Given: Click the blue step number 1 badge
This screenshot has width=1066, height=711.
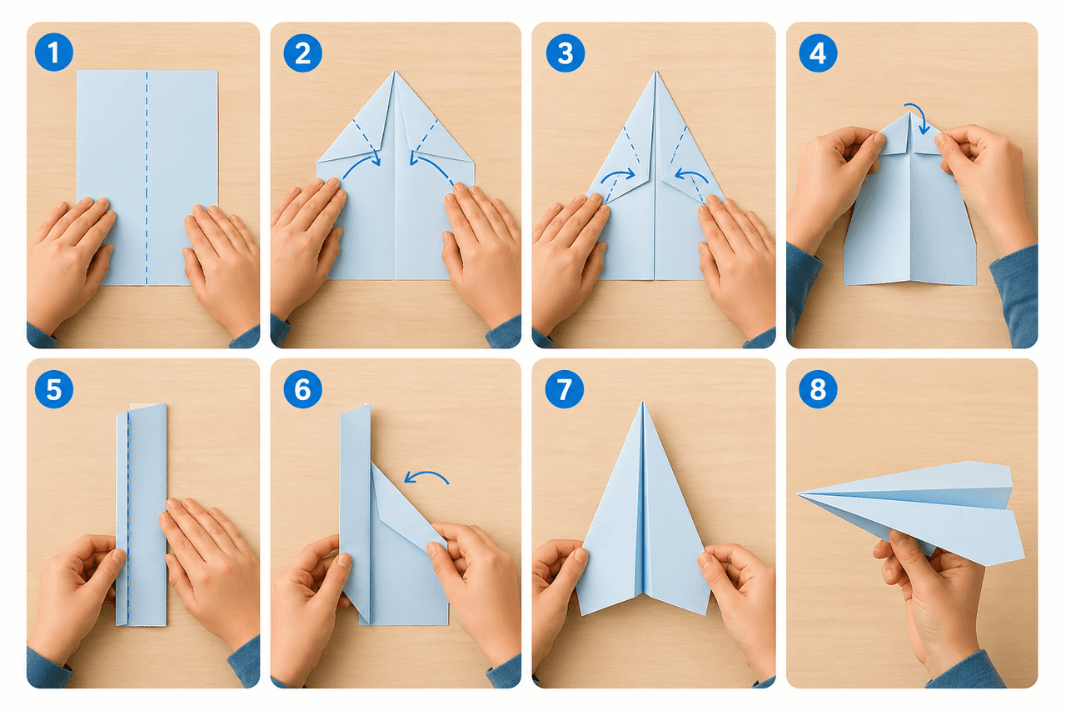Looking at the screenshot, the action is coord(54,53).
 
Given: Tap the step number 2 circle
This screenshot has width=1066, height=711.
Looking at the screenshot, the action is coord(302,53).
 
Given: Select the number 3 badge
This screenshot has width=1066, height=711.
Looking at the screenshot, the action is coord(565,53).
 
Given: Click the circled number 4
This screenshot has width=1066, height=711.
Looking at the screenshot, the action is coord(818,53).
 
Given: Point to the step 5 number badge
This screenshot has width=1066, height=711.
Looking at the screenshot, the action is coord(54,389).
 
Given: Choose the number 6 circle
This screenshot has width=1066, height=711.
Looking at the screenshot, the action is coord(302,389).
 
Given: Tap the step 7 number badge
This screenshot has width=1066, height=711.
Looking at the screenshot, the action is coord(565,389).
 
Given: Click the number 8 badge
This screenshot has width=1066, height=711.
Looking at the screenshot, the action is coord(818,389).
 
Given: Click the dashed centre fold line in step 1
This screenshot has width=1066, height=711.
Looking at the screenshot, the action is coord(147,178).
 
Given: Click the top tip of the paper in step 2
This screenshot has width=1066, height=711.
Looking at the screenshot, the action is coord(394,71).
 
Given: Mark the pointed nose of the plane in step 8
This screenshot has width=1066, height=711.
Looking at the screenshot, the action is coord(798,494).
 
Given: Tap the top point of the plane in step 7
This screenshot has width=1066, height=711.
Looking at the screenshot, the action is coord(643,402).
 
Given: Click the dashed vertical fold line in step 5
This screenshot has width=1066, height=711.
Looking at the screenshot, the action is coord(127,517).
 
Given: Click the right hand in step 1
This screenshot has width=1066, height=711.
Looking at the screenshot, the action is coord(222,267).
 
